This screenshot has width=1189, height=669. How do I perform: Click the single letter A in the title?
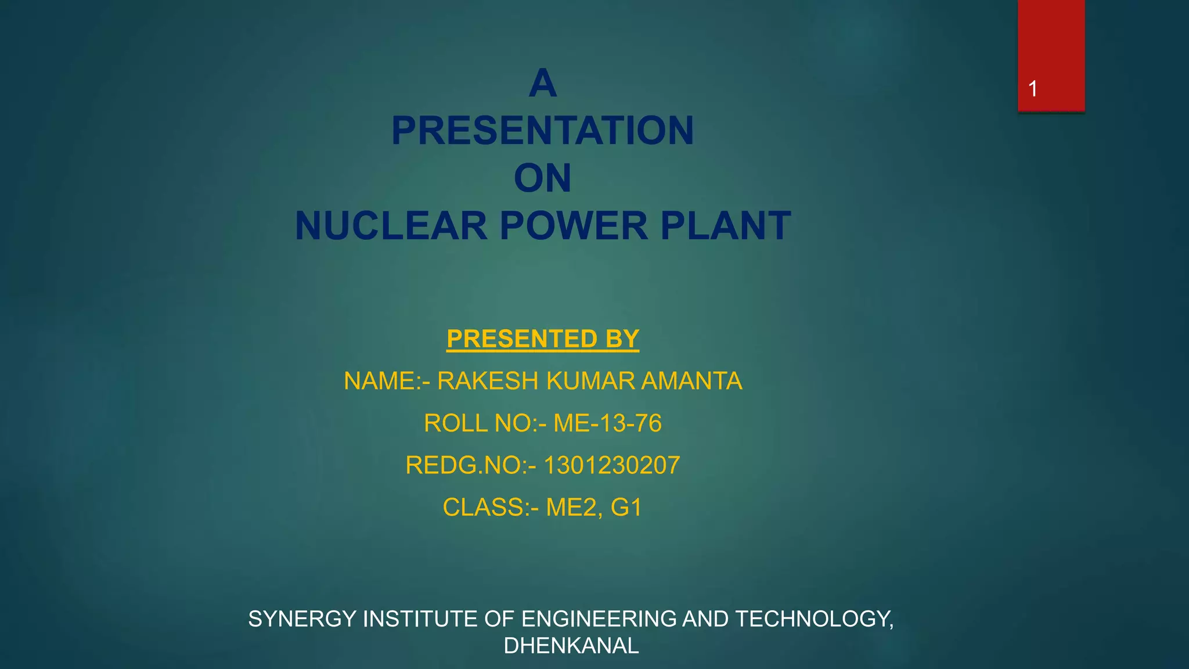tap(542, 83)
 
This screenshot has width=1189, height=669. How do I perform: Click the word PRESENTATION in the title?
tap(542, 131)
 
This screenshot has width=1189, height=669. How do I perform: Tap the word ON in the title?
tap(542, 178)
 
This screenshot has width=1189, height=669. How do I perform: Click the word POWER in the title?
tap(573, 226)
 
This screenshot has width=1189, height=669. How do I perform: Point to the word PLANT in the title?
tap(725, 226)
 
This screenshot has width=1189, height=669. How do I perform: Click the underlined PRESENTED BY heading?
tap(542, 339)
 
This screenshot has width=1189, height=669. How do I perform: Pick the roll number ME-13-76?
tap(607, 423)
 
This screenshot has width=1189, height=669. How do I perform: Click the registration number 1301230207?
tap(611, 466)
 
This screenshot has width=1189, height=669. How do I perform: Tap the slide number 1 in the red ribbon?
tap(1033, 89)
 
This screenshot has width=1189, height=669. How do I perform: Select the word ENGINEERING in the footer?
tap(599, 619)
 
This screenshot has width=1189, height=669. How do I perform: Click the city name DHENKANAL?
tap(571, 646)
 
